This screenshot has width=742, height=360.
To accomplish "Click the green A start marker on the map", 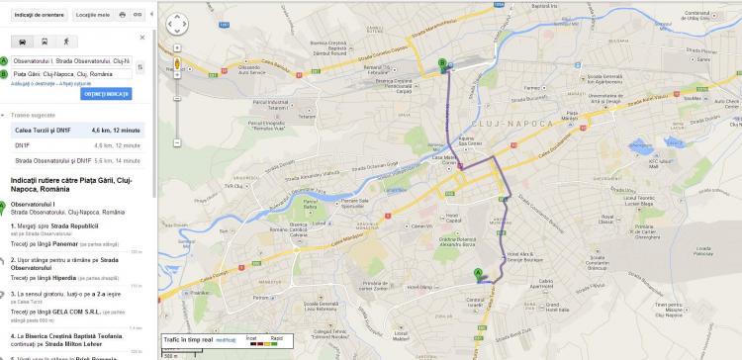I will (x=479, y=273).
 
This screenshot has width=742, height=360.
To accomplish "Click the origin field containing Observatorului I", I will (x=71, y=61).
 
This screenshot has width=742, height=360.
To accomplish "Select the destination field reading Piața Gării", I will (x=71, y=73).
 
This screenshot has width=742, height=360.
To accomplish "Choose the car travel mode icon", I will (x=22, y=42).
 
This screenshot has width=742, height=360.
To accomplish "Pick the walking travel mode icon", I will (x=65, y=42).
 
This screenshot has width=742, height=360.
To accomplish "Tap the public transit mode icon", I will (x=44, y=42).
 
